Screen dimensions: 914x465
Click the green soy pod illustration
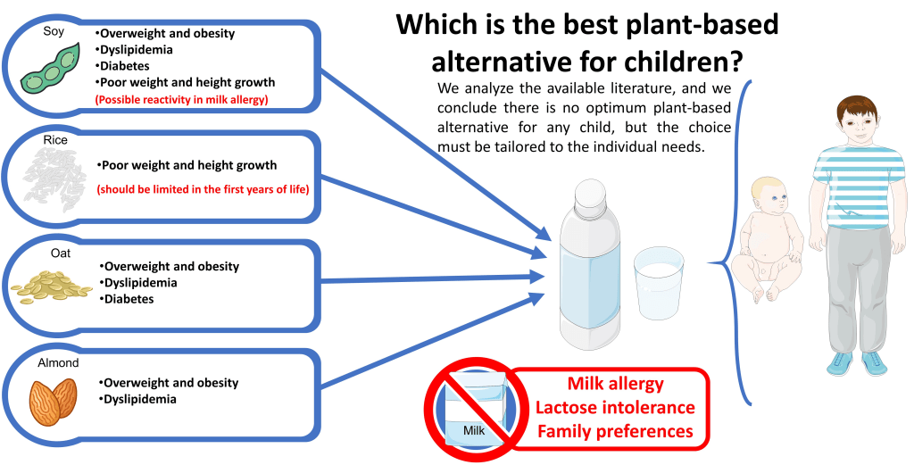pos(51,67)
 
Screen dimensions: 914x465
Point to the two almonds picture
pos(53,401)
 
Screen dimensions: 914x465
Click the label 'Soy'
pos(54,30)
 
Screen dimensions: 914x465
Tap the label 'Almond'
pos(58,363)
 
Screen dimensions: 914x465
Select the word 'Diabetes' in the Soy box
pos(122,66)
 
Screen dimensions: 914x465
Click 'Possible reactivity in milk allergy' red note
pos(182,100)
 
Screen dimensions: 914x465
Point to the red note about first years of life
pos(203,189)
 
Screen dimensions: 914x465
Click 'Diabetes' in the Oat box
pos(127,299)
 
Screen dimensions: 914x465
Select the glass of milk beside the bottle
pos(659,283)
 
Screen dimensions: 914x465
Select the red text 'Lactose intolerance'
pos(616,407)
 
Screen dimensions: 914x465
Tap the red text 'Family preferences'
pos(616,431)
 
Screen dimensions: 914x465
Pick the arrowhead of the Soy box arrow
pos(542,233)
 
